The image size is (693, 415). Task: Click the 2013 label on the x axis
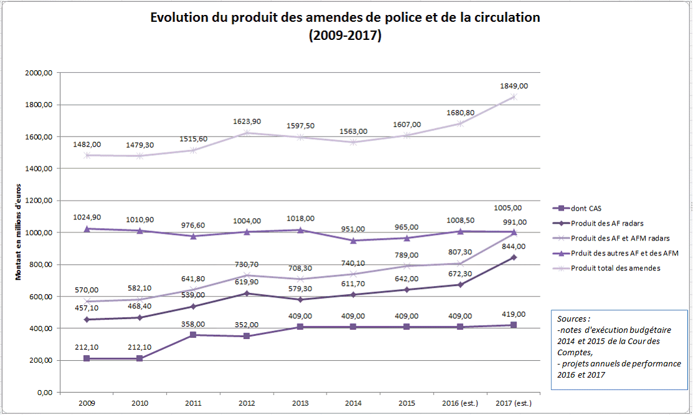tap(301, 403)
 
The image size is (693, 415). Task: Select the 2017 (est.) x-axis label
tap(515, 403)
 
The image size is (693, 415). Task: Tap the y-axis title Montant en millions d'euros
tap(19, 232)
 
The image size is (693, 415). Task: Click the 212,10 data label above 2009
tap(86, 347)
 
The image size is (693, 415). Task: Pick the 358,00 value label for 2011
tap(194, 325)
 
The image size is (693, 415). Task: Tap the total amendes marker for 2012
tap(247, 133)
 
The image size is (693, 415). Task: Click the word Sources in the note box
tap(573, 318)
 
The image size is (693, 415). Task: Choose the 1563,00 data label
tap(355, 131)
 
